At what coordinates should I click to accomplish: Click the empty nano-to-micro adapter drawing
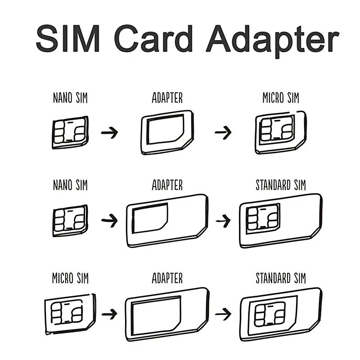(166, 132)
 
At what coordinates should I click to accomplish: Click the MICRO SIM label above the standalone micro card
(69, 278)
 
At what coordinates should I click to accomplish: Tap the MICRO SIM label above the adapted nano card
(280, 98)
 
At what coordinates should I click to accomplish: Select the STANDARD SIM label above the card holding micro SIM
(280, 278)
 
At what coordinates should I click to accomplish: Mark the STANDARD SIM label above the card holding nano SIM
(280, 185)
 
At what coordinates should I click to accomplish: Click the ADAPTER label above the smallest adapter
(167, 98)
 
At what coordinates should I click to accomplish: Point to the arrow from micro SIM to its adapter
(110, 313)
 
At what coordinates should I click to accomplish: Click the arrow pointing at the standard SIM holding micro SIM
(223, 313)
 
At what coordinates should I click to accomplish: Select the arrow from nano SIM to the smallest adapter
(109, 133)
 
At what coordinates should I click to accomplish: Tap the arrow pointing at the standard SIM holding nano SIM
(223, 221)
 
